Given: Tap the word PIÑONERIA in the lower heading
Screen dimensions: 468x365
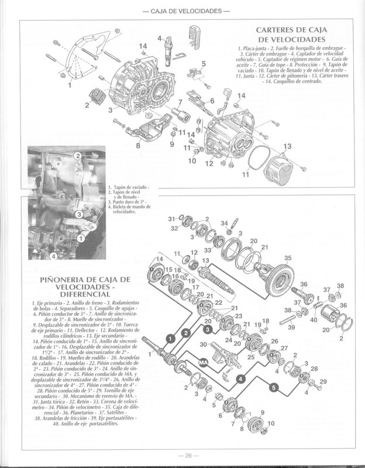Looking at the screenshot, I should click(63, 281).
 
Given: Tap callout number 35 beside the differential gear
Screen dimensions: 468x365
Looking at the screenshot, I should click(287, 258).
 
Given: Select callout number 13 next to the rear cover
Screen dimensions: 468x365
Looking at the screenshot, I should click(287, 146).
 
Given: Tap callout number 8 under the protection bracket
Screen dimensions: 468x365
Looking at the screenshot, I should click(138, 145).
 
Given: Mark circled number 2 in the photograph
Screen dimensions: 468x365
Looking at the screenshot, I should click(77, 155).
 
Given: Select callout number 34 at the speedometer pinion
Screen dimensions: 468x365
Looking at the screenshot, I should click(224, 222).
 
